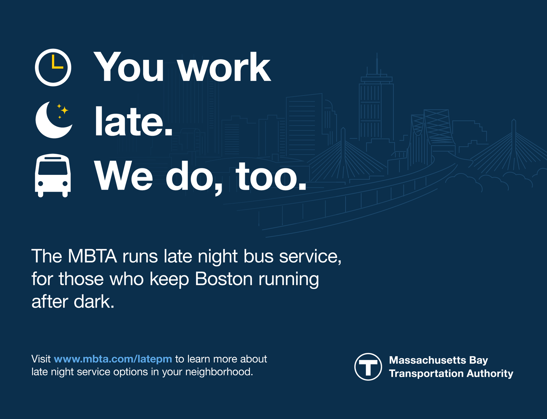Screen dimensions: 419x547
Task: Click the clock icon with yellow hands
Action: pos(53,67)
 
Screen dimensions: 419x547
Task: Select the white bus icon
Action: pos(53,175)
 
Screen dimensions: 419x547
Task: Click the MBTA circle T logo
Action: pos(368,366)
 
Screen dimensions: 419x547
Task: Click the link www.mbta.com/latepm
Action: pos(113,359)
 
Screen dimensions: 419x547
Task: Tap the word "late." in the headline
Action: pos(133,122)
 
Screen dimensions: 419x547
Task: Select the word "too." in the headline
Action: pos(271,176)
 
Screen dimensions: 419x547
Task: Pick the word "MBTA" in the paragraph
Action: pos(92,256)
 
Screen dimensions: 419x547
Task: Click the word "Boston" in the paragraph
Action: pos(224,279)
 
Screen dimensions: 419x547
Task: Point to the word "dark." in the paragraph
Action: pos(94,302)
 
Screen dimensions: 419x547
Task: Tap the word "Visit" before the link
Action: pos(41,359)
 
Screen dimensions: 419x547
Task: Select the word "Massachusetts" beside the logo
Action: pos(428,360)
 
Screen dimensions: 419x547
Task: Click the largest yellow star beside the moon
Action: pos(65,110)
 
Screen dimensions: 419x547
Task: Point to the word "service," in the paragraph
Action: pos(310,256)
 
